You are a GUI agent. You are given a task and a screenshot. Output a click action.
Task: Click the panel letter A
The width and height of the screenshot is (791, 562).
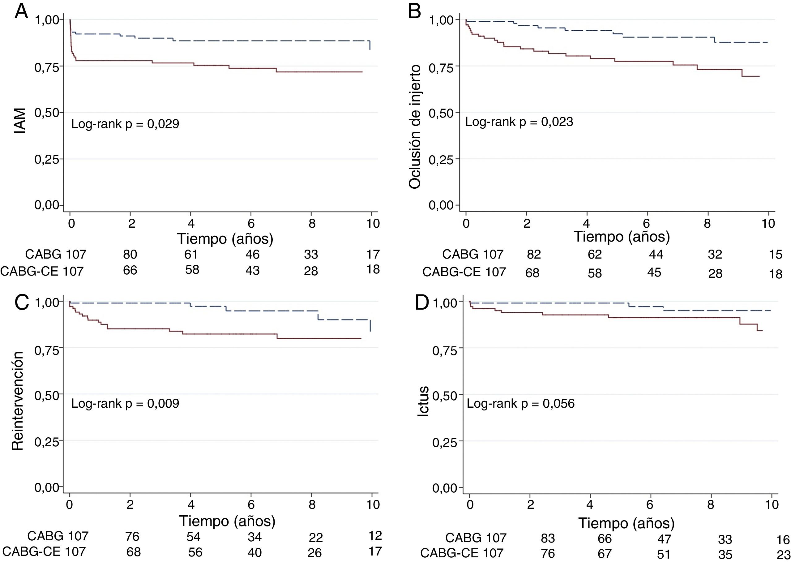point(21,12)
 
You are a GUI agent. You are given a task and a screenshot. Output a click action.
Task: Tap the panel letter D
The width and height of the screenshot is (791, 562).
point(422,303)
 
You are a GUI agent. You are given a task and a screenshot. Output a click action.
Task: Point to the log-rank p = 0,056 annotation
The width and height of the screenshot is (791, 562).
point(520,404)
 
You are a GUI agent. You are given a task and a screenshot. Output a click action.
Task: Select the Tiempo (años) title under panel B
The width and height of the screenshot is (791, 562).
point(622,237)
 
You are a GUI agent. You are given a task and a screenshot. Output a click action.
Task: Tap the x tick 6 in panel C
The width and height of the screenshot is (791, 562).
point(251,504)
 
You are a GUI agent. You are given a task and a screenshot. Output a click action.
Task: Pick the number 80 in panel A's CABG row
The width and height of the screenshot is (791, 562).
point(130,255)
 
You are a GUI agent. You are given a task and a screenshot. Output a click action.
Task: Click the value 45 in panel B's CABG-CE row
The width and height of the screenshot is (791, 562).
point(654,272)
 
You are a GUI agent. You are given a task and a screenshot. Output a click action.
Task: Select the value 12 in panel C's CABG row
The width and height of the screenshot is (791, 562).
point(375,536)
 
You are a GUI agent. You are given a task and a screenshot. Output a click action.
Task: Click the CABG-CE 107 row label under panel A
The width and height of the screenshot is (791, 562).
point(42,271)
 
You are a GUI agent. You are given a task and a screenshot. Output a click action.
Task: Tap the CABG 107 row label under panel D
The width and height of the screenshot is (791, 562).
point(476,538)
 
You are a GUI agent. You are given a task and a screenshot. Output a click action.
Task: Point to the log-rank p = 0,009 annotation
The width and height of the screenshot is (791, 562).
point(125,404)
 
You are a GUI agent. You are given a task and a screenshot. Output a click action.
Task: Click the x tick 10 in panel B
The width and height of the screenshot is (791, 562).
point(768,224)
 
